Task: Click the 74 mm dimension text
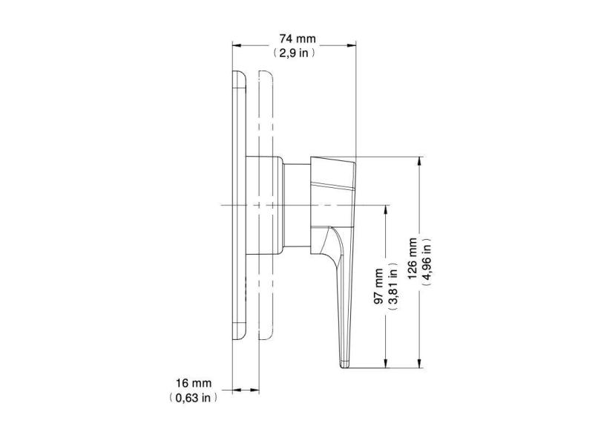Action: [x=295, y=38]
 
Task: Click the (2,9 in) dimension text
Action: [x=295, y=53]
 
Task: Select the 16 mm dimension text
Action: [x=194, y=383]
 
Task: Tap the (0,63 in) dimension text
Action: [x=194, y=398]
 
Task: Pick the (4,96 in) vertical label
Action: [x=428, y=263]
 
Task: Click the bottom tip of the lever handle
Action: [x=345, y=363]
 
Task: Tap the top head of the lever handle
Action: [x=334, y=170]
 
